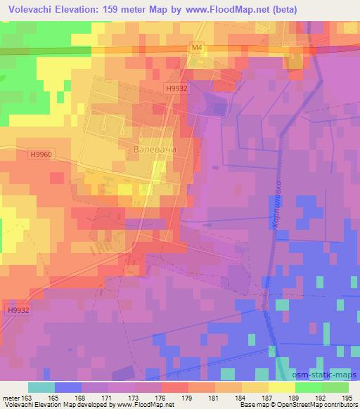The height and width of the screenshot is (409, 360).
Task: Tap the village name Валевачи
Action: point(154,150)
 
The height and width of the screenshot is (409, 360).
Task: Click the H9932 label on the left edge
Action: point(20,310)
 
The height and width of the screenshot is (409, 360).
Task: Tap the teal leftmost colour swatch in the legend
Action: point(41,387)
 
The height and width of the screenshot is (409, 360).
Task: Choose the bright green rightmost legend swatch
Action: point(335,387)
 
